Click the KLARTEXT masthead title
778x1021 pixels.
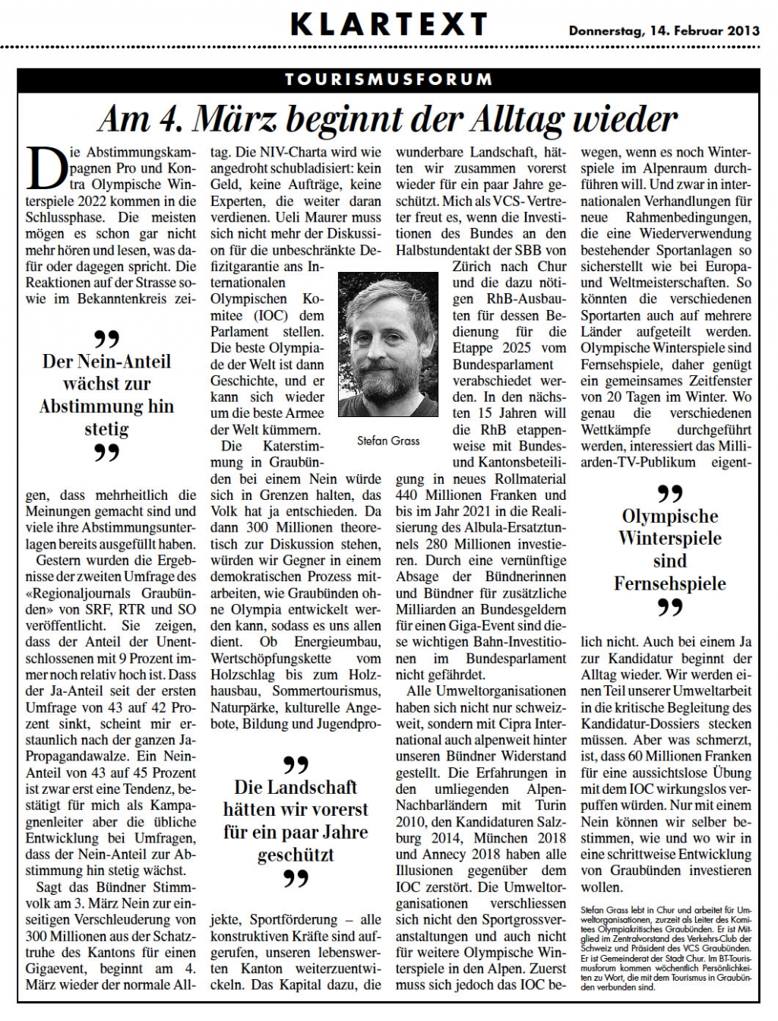point(388,25)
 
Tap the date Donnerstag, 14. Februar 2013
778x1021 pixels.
point(664,31)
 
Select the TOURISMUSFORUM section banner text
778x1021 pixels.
point(388,79)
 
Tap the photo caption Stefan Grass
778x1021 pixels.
point(387,441)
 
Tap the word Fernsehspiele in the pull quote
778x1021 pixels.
point(669,583)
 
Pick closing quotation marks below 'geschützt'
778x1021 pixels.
point(296,880)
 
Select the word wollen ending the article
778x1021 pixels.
point(602,887)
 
